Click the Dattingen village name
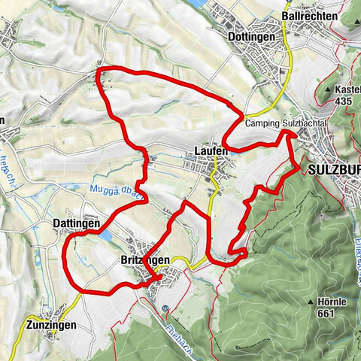(77, 223)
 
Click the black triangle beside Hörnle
(311, 302)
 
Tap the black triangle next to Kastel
(329, 89)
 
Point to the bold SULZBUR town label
(334, 170)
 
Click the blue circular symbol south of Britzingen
(165, 308)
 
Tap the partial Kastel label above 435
(347, 89)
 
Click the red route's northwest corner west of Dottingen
(102, 71)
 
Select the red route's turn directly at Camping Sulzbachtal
(287, 133)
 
